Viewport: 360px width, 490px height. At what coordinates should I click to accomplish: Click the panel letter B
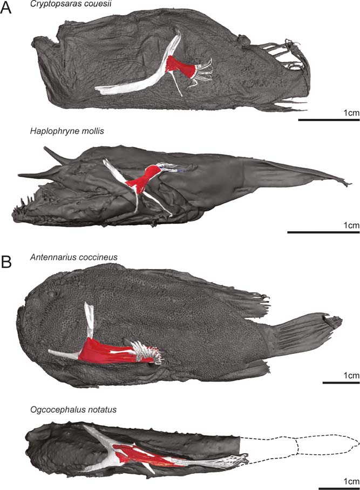pyautogui.click(x=8, y=263)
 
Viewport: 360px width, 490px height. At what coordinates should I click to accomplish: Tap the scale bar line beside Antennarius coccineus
pyautogui.click(x=341, y=383)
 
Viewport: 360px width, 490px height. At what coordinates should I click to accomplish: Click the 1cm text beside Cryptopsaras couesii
pyautogui.click(x=349, y=111)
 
